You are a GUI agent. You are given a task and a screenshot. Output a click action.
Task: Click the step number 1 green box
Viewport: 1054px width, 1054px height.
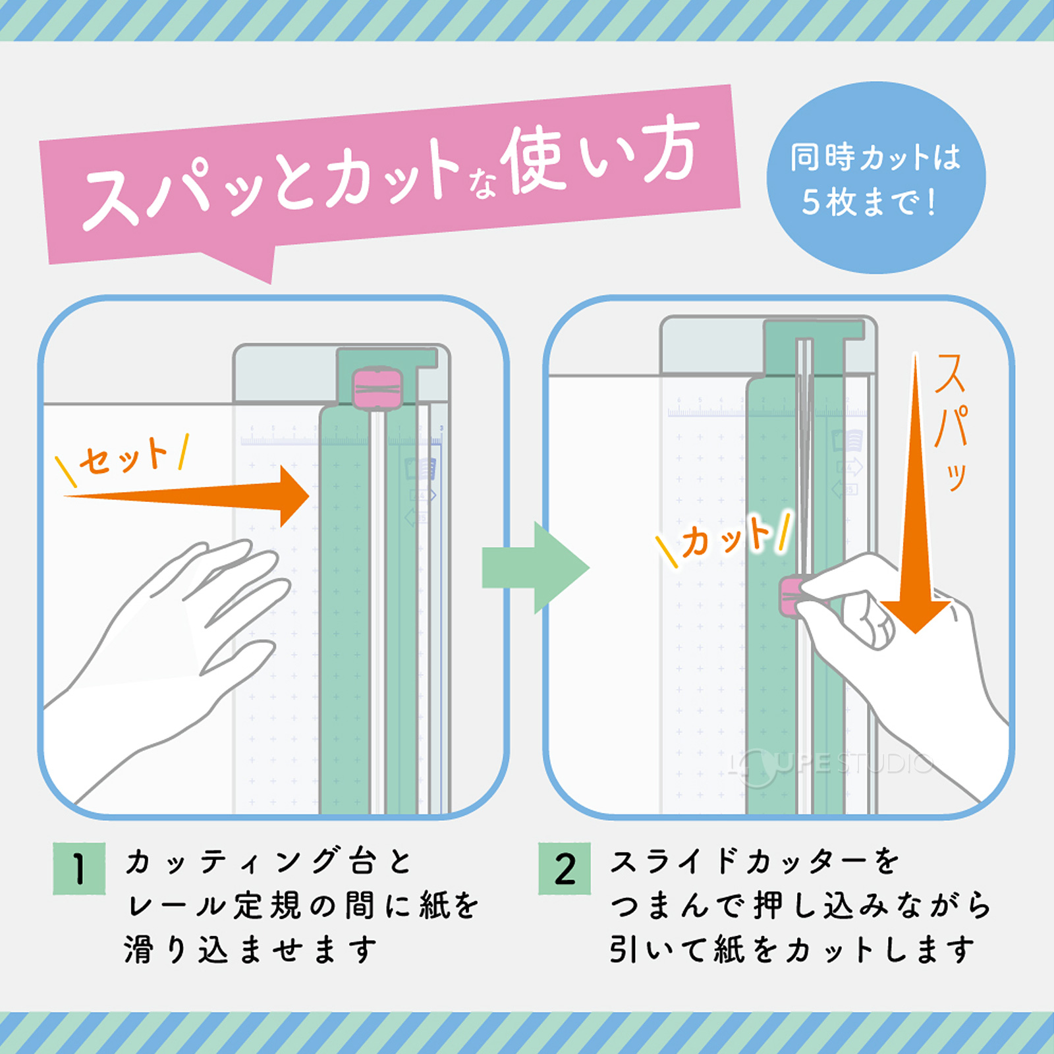pyautogui.click(x=79, y=868)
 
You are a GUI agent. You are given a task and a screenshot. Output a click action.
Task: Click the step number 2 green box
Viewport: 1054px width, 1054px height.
pyautogui.click(x=565, y=868)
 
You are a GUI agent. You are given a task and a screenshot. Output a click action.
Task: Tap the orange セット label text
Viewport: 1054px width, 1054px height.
pyautogui.click(x=123, y=456)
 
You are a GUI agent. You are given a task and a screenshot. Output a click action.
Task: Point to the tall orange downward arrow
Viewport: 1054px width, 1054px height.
pyautogui.click(x=916, y=514)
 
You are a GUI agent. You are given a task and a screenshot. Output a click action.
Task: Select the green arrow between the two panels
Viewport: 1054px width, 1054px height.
pyautogui.click(x=534, y=567)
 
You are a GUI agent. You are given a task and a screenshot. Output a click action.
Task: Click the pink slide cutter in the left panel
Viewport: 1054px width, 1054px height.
pyautogui.click(x=377, y=389)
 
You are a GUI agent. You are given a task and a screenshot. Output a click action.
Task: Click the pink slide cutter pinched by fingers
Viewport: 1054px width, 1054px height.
pyautogui.click(x=790, y=597)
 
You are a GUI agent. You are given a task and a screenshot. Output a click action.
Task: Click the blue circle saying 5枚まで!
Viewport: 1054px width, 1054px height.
pyautogui.click(x=875, y=178)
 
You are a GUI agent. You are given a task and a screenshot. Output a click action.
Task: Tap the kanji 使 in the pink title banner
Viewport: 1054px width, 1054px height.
pyautogui.click(x=534, y=161)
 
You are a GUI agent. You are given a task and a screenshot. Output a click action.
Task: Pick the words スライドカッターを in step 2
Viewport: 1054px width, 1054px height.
pyautogui.click(x=754, y=862)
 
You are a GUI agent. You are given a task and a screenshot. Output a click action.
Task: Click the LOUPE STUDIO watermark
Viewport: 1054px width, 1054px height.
pyautogui.click(x=833, y=764)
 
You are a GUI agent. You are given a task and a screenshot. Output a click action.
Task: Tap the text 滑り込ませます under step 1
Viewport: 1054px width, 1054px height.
pyautogui.click(x=250, y=950)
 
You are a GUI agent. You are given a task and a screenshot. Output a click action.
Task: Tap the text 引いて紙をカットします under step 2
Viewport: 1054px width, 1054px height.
pyautogui.click(x=790, y=950)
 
